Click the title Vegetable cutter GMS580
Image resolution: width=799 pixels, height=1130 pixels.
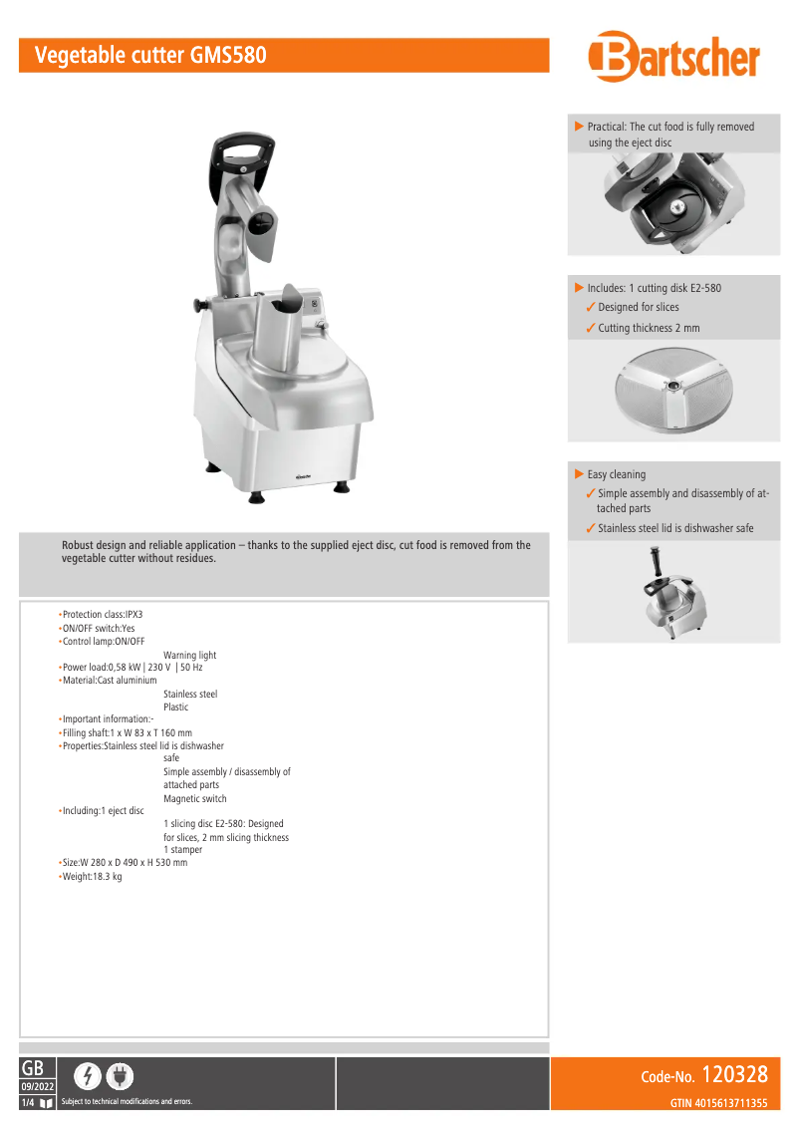tap(150, 56)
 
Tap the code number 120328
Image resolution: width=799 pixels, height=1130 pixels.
tap(734, 1074)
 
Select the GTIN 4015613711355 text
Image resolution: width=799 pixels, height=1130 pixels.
tap(717, 1102)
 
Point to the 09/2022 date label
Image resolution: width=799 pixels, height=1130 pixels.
tap(37, 1085)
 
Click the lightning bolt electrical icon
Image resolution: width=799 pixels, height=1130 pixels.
tap(89, 1075)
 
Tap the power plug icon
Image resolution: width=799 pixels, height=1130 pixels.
tap(120, 1075)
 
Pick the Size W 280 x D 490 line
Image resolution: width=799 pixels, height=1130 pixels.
tap(124, 863)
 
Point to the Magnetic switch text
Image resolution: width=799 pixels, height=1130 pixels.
tap(194, 798)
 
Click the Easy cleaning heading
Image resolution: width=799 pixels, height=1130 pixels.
tap(616, 474)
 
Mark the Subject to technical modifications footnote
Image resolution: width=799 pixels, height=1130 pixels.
tap(127, 1101)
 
